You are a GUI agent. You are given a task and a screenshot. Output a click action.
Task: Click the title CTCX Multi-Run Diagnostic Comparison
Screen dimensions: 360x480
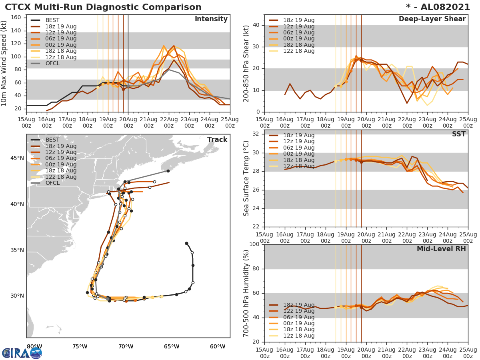103,7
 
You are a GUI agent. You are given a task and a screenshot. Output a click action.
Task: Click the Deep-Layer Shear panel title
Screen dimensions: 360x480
432,19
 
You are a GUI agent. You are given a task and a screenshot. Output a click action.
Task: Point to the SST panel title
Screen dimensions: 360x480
459,134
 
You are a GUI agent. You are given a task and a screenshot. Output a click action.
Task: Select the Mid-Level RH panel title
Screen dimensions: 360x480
441,249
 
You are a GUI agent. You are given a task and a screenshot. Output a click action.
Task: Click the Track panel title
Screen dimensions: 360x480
217,140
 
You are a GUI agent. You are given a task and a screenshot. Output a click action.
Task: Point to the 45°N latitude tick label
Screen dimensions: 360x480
17,158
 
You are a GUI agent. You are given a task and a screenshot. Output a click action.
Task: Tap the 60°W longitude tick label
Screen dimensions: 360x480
217,346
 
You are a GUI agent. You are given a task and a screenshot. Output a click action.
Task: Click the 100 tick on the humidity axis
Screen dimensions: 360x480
254,244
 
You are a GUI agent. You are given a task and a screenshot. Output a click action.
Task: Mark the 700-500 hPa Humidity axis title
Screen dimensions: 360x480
246,293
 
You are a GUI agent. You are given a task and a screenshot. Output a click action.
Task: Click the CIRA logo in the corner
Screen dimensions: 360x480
22,353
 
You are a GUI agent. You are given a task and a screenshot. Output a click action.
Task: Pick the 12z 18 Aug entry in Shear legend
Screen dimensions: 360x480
299,51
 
